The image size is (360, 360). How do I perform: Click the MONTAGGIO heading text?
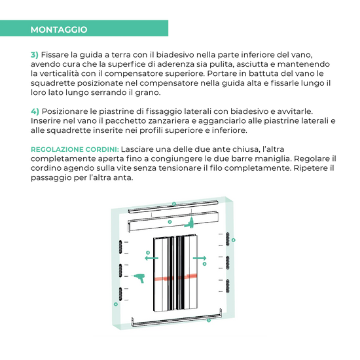(59, 29)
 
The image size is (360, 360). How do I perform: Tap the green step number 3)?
(35, 54)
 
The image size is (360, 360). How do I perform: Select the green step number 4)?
(35, 111)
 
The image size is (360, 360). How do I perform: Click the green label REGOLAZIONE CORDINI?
(75, 149)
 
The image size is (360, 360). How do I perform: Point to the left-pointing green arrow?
(151, 258)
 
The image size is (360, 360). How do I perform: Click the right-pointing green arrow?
(200, 259)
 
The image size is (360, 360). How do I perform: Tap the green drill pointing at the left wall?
(138, 278)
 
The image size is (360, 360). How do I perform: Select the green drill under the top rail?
(190, 223)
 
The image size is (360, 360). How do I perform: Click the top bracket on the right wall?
(228, 239)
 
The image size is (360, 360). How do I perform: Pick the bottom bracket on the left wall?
(120, 294)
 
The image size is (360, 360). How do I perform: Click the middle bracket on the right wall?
(228, 262)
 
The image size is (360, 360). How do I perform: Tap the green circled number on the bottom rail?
(209, 320)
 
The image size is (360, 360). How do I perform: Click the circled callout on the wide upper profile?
(170, 222)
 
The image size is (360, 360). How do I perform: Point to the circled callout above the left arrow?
(148, 253)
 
